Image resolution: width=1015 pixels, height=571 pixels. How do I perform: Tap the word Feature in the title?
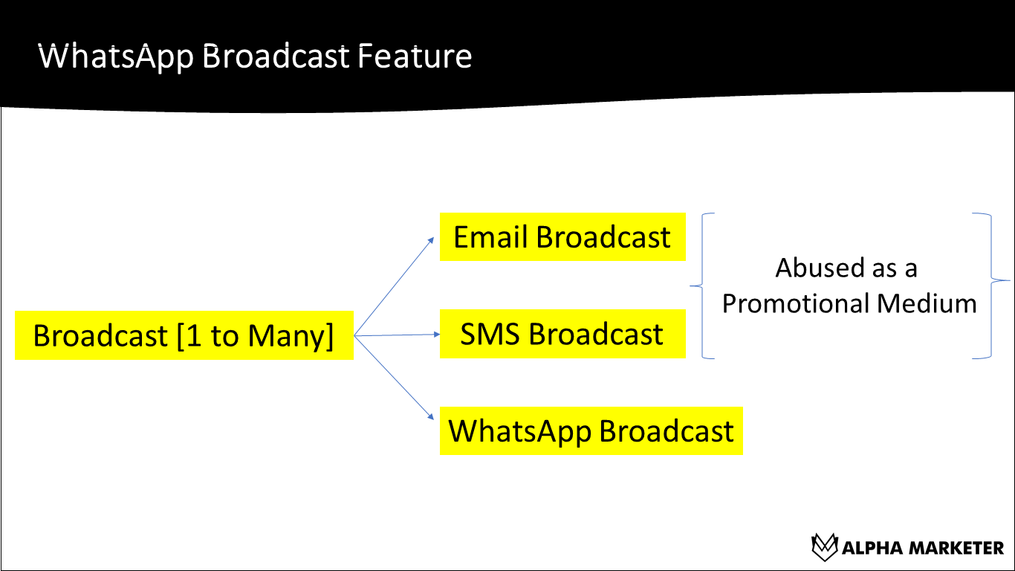pos(415,57)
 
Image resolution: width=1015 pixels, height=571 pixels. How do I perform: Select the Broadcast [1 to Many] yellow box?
pos(184,335)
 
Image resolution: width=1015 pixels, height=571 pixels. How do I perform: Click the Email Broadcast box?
pos(562,237)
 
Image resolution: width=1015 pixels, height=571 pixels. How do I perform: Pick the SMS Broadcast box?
pos(562,334)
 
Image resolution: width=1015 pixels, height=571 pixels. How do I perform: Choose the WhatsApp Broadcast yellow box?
pos(591,430)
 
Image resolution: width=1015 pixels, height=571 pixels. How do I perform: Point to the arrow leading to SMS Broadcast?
pos(398,335)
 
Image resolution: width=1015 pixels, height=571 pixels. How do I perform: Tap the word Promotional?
pos(796,303)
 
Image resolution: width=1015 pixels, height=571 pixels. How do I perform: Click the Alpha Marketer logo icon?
pos(824,547)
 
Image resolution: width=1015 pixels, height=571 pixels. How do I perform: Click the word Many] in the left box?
pos(291,336)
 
